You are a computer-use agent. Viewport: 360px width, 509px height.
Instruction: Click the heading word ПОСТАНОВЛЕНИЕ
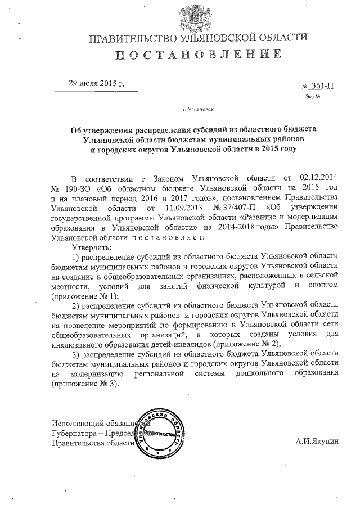tap(199, 55)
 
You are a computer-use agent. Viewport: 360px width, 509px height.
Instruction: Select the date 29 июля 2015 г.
tap(96, 83)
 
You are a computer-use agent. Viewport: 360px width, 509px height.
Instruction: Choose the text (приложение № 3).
tap(85, 385)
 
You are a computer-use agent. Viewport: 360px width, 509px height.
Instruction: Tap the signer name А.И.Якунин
tap(317, 443)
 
